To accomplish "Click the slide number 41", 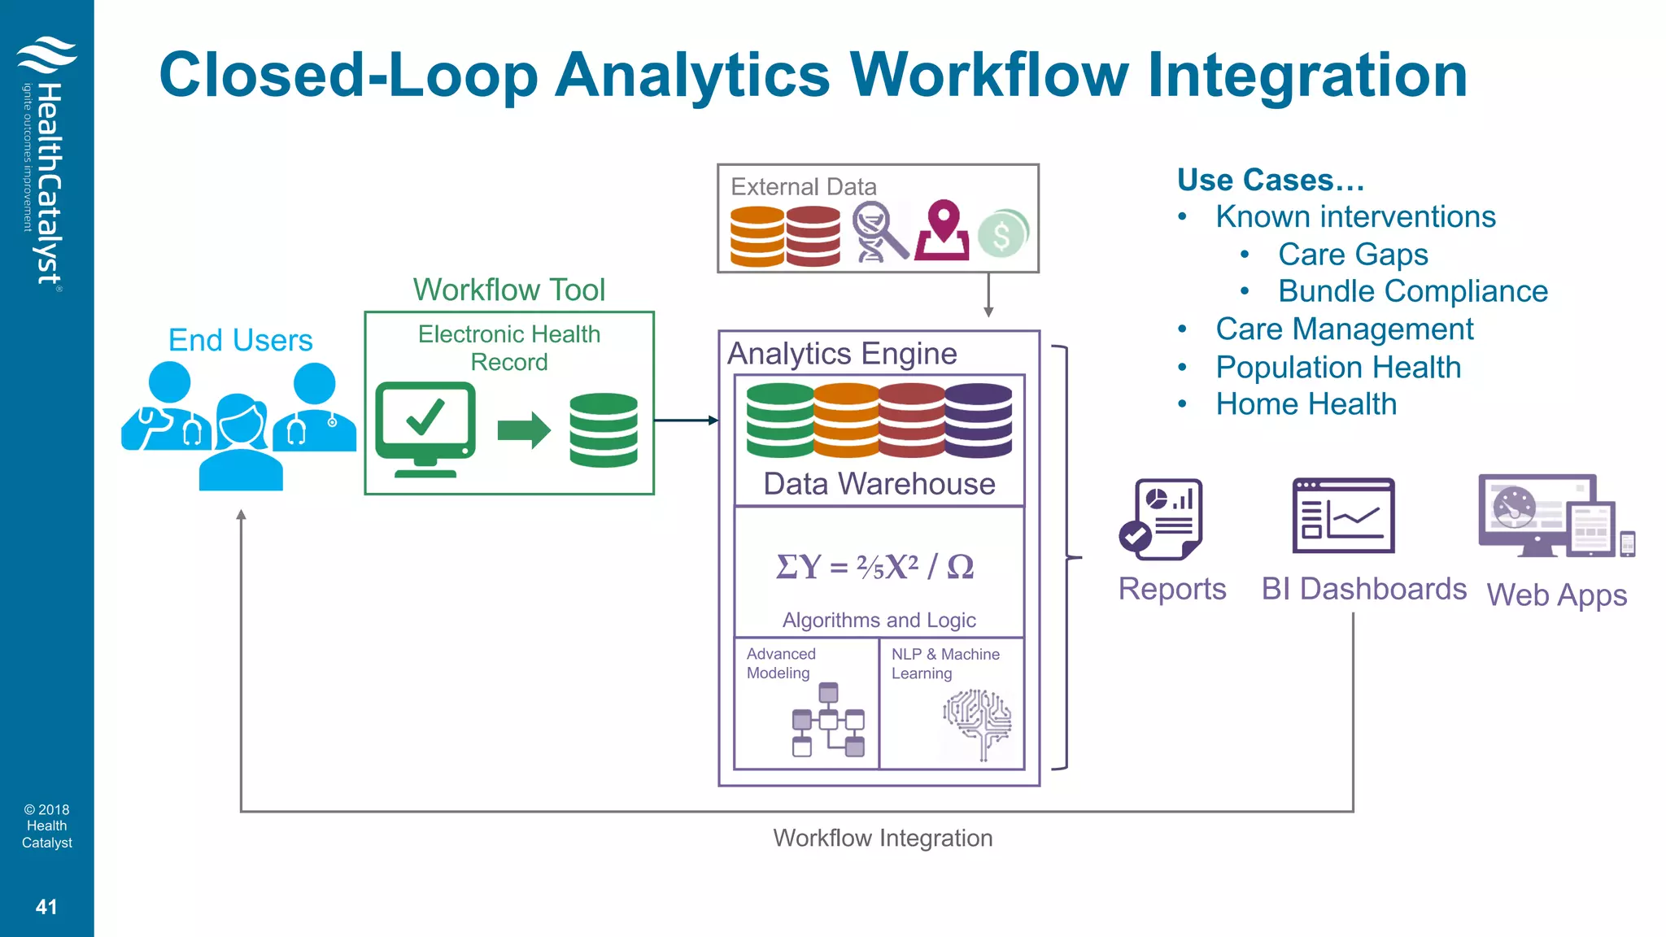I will pos(46,907).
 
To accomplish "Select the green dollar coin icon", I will pos(1002,234).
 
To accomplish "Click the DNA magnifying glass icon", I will pos(879,233).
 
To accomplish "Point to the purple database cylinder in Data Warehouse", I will pos(979,420).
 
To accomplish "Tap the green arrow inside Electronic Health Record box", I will pos(524,429).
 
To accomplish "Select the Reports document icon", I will pos(1162,519).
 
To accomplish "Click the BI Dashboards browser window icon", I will pos(1343,516).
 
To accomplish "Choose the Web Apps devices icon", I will pos(1555,516).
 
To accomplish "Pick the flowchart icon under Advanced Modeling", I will pos(829,721).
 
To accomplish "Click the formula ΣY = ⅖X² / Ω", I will pos(875,566).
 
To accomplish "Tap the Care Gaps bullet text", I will pos(1352,255).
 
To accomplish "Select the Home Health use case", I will pos(1306,404).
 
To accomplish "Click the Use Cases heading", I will pos(1271,180).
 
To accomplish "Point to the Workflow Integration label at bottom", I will pos(883,838).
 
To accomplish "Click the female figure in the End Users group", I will pos(240,443).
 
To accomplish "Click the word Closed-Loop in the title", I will pos(348,75).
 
